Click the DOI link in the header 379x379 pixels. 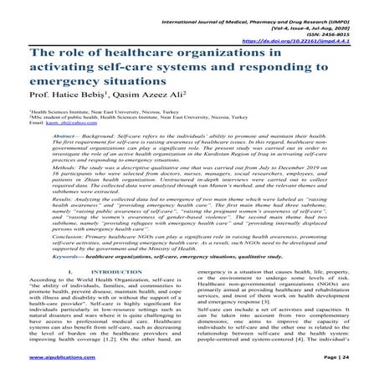point(310,38)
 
